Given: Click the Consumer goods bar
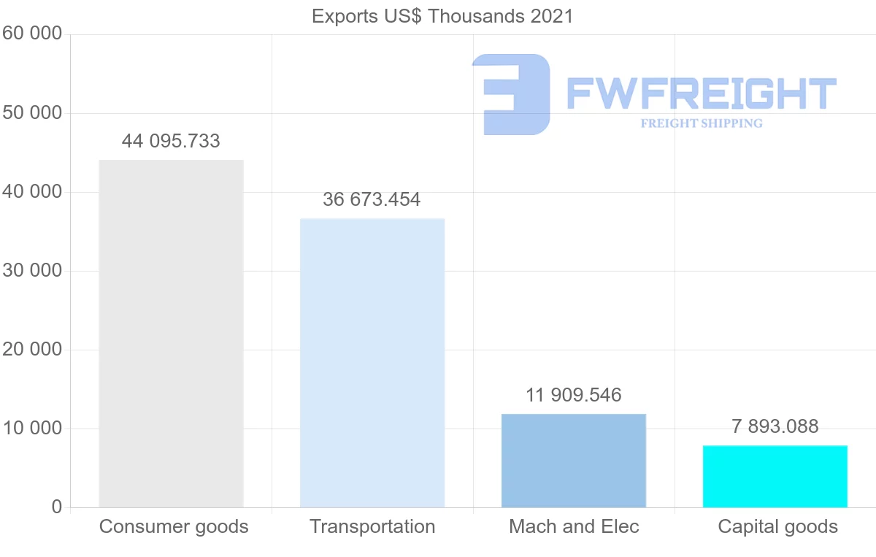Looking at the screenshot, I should click(171, 333).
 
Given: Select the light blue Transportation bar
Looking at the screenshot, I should click(372, 362).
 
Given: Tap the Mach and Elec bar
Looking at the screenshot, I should click(574, 460).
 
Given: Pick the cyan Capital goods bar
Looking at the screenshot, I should click(775, 476).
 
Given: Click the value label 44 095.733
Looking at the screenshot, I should click(171, 141).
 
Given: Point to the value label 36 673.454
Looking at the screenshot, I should click(372, 199).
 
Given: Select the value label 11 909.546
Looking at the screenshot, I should click(574, 395).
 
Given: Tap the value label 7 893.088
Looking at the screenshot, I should click(775, 426).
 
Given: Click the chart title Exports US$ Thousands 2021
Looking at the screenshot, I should click(442, 16).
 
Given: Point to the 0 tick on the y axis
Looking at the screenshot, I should click(57, 507).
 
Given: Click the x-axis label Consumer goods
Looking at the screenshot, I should click(174, 526).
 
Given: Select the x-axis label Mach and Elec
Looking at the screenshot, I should click(574, 526).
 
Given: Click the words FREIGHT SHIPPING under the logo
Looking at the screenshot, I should click(702, 123).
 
